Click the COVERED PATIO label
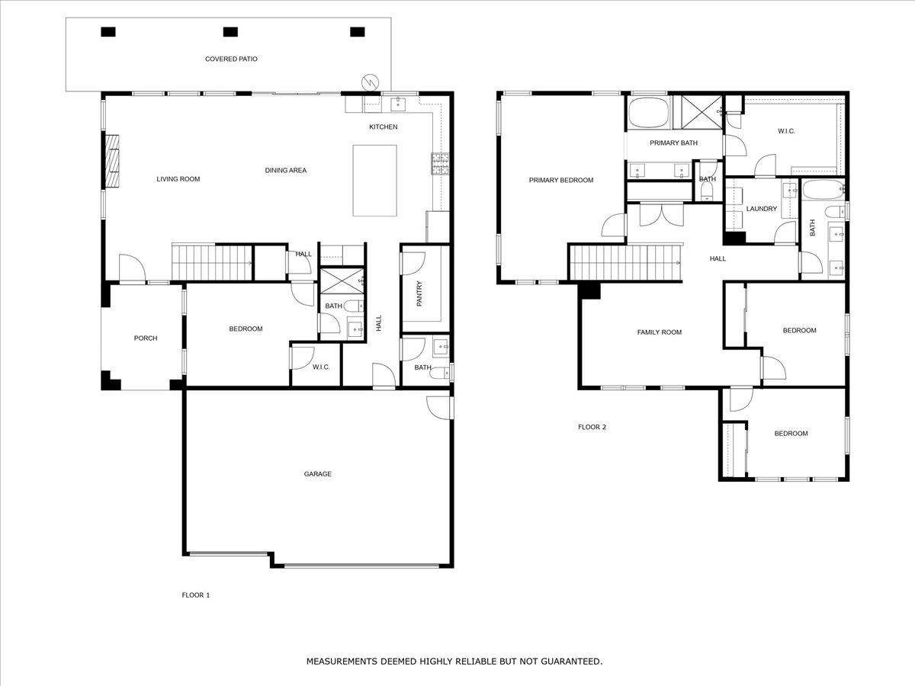[x=231, y=59]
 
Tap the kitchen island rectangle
[x=374, y=181]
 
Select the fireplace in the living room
[x=112, y=161]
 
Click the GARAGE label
[x=318, y=474]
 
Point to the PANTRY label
[x=419, y=293]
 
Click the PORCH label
[x=146, y=338]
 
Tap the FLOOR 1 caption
[x=195, y=595]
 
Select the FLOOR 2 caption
[x=592, y=427]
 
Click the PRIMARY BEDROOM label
[x=561, y=181]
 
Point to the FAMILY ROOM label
[x=659, y=332]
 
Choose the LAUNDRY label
[x=761, y=209]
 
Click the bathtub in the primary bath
[x=648, y=113]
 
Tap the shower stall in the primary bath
[x=702, y=112]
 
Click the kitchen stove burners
[x=440, y=163]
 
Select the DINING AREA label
[x=285, y=170]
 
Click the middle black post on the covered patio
[x=230, y=32]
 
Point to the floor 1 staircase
[x=212, y=262]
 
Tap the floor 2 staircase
[x=625, y=263]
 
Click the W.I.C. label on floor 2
[x=786, y=131]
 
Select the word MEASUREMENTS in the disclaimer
[x=337, y=661]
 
